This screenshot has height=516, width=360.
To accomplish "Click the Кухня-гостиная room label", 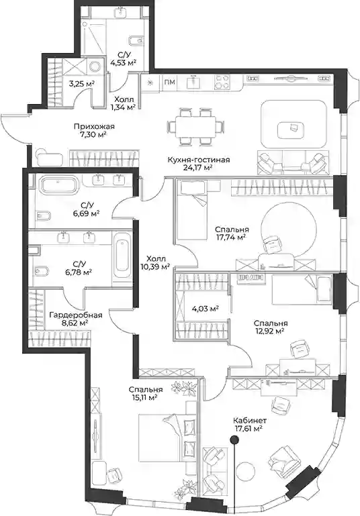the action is click(x=198, y=160).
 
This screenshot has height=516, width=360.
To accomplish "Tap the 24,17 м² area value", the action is click(x=198, y=168).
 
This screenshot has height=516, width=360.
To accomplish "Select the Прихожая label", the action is click(x=94, y=127).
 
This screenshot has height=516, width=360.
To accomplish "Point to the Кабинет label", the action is click(x=250, y=420).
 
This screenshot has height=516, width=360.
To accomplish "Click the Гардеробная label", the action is click(x=76, y=315).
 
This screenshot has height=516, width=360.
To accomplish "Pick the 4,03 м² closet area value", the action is click(x=206, y=309).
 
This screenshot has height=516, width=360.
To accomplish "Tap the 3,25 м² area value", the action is click(x=81, y=84).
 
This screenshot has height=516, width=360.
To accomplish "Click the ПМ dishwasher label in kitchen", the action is click(x=169, y=83).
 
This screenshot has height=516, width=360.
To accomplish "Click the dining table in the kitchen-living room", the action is click(x=195, y=126).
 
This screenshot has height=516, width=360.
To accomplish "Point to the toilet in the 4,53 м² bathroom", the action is click(x=135, y=41).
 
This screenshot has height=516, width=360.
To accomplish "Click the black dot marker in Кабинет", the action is click(x=234, y=439).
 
